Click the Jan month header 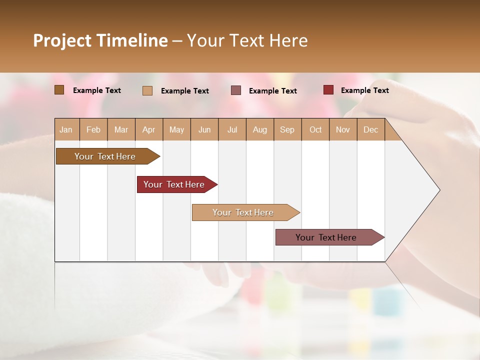66,129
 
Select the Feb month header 93,129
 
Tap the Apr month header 148,129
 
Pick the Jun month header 204,129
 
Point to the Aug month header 259,129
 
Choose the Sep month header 287,129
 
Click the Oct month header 315,129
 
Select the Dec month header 370,129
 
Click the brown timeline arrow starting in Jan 105,156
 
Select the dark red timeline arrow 174,184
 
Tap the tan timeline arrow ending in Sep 243,212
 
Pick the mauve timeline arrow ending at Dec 326,237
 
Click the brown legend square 59,90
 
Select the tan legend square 147,90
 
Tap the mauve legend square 236,90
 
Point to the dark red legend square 328,90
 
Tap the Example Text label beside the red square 364,90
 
